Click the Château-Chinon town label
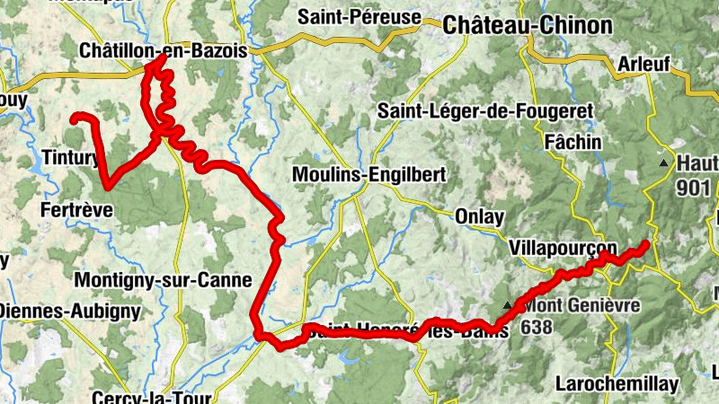[527, 26]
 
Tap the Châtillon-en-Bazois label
[163, 51]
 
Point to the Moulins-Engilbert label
[368, 175]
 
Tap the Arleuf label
[645, 65]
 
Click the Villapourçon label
[563, 248]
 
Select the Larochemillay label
[617, 384]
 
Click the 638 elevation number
[536, 328]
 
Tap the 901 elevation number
[695, 188]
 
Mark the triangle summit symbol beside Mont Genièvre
[507, 306]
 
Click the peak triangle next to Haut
[663, 163]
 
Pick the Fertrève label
[77, 210]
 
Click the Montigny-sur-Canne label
[162, 280]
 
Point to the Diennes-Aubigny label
[70, 312]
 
